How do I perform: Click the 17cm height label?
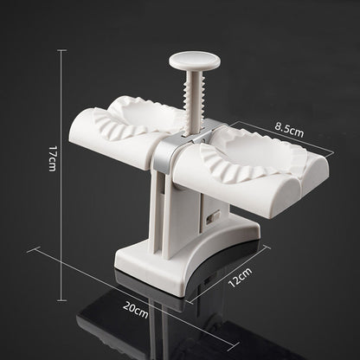[x=52, y=159]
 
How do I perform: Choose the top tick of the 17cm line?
[x=61, y=49]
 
